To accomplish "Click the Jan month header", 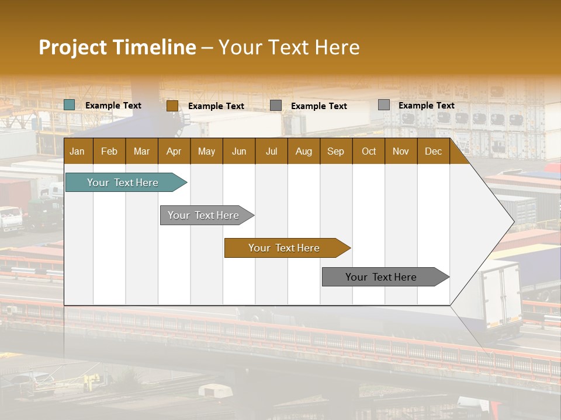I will point(77,151).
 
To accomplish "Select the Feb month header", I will point(109,151).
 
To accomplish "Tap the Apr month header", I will point(174,151).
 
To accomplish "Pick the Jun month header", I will point(239,151).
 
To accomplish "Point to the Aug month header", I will point(303,151).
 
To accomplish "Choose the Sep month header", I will point(335,151).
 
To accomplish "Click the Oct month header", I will point(369,151).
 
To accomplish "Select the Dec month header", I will point(433,151).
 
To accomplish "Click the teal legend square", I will point(70,105).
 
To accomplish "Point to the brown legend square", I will point(172,106).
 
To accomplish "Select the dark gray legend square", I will point(276,106).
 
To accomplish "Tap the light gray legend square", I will point(384,105).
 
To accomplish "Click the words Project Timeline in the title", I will point(117,47).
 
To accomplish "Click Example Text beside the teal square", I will point(113,106).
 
